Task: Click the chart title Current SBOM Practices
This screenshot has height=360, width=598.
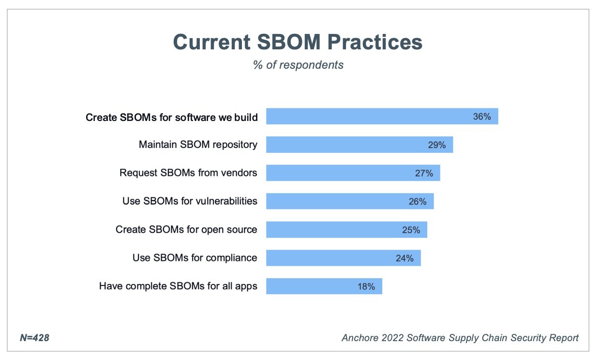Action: tap(298, 42)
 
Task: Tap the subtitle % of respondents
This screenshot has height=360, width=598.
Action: tap(298, 65)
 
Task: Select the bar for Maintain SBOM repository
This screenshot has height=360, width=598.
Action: tap(359, 145)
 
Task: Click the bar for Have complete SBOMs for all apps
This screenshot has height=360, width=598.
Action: tap(324, 286)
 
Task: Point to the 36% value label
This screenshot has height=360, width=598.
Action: tap(482, 117)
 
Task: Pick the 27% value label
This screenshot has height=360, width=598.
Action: tap(424, 173)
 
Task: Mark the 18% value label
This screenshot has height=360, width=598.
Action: tap(366, 286)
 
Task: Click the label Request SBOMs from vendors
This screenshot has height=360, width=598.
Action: tap(188, 173)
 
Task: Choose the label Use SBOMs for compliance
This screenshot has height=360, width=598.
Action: tap(194, 258)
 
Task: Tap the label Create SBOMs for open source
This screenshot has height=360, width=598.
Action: tap(186, 229)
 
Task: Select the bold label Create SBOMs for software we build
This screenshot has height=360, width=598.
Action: tap(171, 117)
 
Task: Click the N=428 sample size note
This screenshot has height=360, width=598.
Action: tap(34, 338)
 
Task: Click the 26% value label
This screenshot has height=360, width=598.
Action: tap(418, 201)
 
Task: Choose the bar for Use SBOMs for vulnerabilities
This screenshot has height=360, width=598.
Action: tap(349, 201)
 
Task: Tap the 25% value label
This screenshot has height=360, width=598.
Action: tap(411, 230)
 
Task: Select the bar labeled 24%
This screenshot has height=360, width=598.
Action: tap(343, 258)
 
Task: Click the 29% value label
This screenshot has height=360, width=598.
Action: tap(437, 145)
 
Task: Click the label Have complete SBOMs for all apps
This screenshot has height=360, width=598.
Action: tap(178, 286)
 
